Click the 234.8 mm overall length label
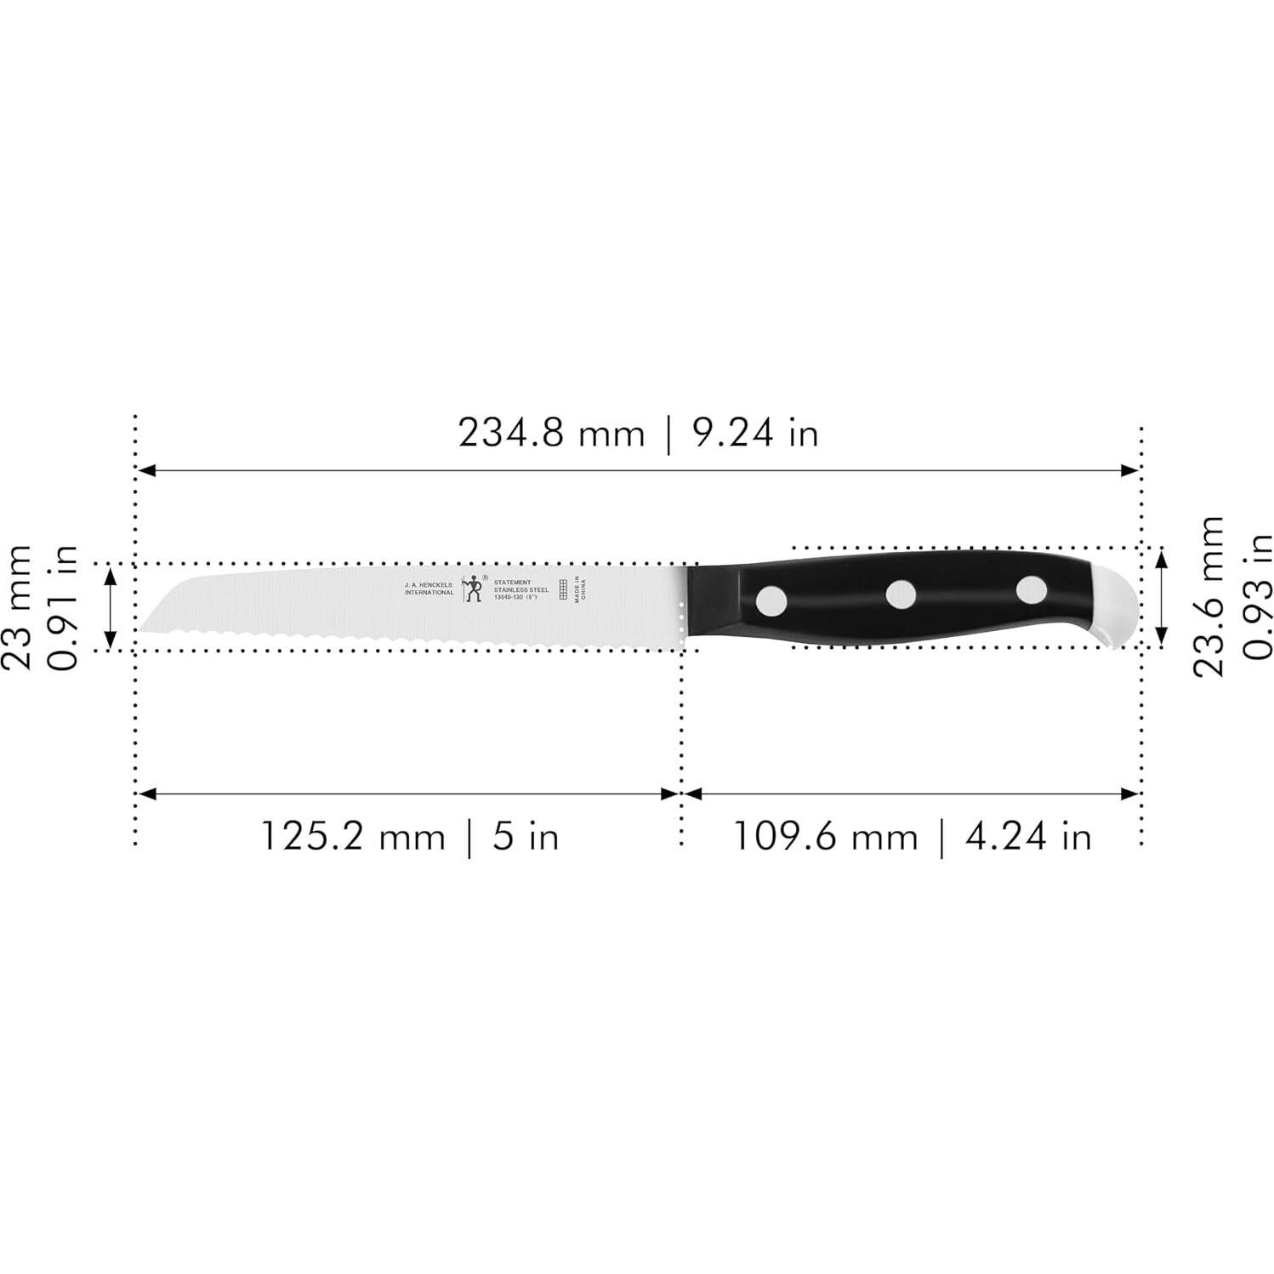551,433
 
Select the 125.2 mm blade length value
352,836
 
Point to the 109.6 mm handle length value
825,836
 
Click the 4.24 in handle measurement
1027,836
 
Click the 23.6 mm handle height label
1208,596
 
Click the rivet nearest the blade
772,600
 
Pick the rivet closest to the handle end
1031,589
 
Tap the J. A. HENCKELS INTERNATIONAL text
429,589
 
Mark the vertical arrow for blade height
110,607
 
